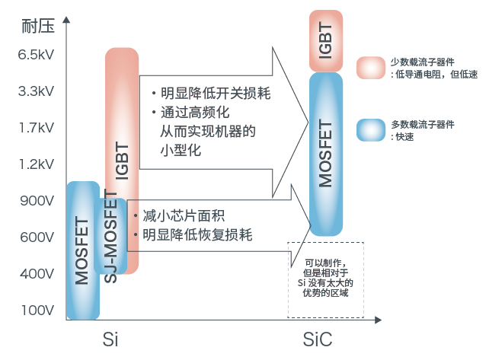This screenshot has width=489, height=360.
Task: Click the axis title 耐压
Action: pos(36,27)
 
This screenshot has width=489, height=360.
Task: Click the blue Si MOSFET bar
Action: pos(83,250)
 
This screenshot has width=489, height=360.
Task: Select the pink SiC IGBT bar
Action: pos(326,40)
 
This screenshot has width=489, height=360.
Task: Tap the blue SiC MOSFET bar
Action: pos(326,153)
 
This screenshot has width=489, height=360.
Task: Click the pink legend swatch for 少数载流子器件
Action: pos(371,68)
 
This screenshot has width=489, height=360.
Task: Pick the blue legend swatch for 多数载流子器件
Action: pos(371,130)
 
